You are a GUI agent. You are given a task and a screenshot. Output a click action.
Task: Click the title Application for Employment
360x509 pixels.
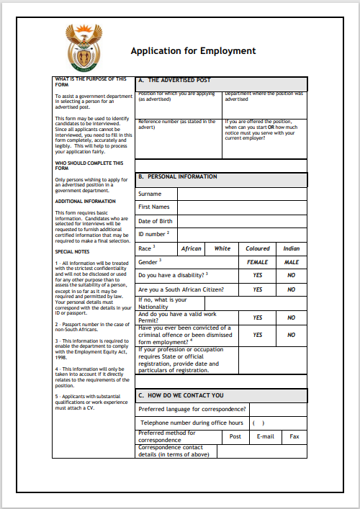click(193, 51)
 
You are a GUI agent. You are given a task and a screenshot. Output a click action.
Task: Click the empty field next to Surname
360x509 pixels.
click(242, 194)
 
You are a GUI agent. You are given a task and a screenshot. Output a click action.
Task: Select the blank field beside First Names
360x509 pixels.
click(242, 207)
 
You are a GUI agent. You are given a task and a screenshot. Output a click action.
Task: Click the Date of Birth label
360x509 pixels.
click(156, 221)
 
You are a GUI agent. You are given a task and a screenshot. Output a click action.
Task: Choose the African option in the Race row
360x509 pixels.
click(191, 248)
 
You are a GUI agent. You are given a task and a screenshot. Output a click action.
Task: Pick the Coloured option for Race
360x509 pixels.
click(257, 248)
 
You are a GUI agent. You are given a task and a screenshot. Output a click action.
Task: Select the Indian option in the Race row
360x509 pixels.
click(291, 248)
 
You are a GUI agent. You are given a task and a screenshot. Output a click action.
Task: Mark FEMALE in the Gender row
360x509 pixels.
click(257, 262)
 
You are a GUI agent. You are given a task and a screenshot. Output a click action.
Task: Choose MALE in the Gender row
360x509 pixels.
click(291, 262)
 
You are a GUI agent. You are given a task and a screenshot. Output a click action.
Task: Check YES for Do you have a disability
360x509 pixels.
click(257, 275)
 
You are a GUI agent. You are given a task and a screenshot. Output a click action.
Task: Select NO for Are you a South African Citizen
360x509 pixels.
click(291, 289)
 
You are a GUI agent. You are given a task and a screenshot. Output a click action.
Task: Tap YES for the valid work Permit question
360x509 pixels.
click(257, 317)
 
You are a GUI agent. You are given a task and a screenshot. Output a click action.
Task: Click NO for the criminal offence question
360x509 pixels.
click(291, 335)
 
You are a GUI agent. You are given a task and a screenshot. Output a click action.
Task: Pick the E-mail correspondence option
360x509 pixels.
click(265, 436)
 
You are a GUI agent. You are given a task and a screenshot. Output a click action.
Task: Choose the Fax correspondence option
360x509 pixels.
click(294, 436)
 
